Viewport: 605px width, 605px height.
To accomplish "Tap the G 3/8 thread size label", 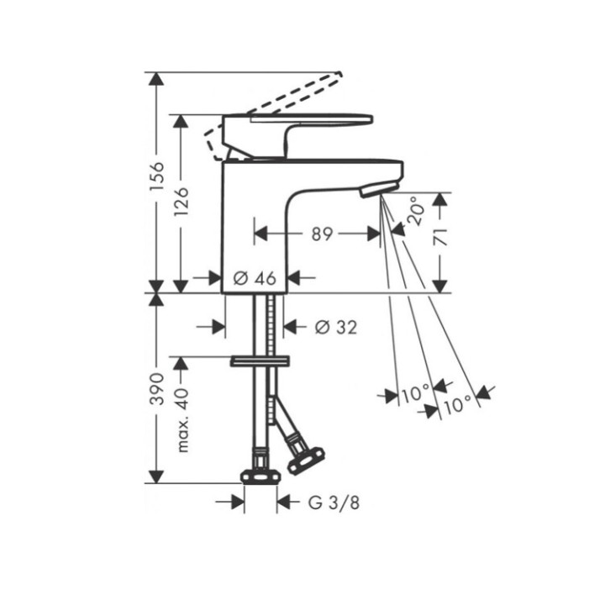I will (x=329, y=503).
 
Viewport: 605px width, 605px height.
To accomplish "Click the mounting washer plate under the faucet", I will (x=260, y=361).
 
